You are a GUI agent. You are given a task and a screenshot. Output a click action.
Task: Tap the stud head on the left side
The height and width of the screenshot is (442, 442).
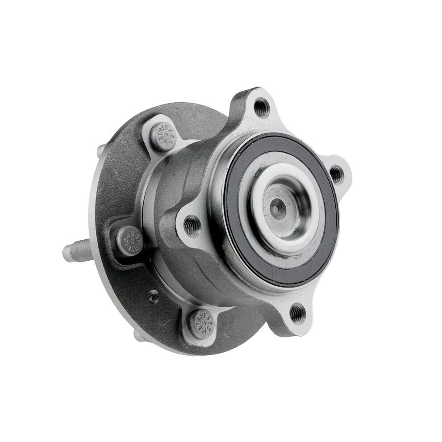click(x=129, y=240)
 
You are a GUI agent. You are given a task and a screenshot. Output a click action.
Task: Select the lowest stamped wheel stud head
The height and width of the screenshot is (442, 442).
click(x=201, y=323)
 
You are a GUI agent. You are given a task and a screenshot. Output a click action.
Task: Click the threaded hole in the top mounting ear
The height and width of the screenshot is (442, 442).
click(x=261, y=107)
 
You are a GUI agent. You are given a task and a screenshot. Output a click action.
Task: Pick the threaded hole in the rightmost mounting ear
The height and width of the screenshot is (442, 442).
click(x=336, y=174)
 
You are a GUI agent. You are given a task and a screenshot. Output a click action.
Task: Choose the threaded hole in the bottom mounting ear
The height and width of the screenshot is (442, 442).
click(x=297, y=313)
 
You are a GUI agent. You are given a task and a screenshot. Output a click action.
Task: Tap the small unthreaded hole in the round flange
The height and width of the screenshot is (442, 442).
click(x=153, y=296)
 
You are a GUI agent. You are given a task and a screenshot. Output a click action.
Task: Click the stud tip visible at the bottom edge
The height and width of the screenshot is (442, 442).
click(x=139, y=336)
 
